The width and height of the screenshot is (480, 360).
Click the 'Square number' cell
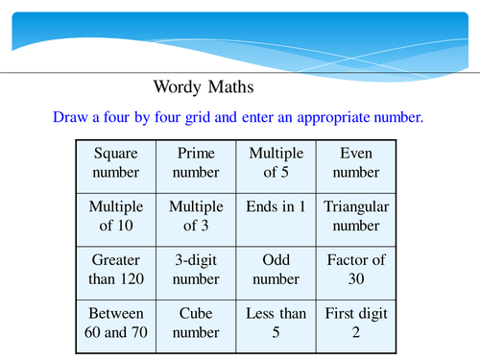click(116, 163)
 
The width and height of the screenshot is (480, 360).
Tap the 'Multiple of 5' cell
click(276, 163)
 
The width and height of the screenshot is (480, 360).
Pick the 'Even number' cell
click(354, 163)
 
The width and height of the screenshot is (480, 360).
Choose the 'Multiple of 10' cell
click(116, 217)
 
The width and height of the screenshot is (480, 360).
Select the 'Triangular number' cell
click(354, 217)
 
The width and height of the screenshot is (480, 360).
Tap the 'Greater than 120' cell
click(116, 271)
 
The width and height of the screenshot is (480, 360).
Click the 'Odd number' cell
click(276, 271)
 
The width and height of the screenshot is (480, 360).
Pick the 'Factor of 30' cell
click(354, 271)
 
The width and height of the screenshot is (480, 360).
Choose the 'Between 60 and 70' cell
click(116, 324)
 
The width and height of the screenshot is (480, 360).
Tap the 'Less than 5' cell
click(276, 324)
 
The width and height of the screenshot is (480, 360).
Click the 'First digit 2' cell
click(354, 324)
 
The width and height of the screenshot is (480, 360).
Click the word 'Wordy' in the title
click(180, 86)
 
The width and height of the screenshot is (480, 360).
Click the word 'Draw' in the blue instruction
click(70, 118)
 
